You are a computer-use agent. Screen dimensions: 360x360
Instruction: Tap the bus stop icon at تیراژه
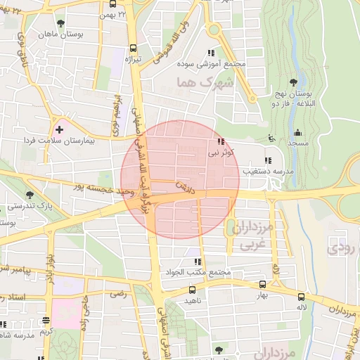(x=134, y=49)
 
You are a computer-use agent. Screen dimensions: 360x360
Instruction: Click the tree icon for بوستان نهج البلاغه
(x=292, y=82)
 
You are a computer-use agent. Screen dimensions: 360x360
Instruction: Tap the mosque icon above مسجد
(x=297, y=132)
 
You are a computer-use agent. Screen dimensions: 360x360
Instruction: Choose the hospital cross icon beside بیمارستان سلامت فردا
(x=60, y=129)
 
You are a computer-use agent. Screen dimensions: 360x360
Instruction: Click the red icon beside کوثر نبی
(x=222, y=141)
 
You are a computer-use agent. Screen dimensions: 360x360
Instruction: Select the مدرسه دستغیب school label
(x=253, y=171)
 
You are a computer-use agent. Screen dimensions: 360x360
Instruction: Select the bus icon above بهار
(x=262, y=285)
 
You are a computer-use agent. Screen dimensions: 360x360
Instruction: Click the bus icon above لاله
(x=301, y=297)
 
